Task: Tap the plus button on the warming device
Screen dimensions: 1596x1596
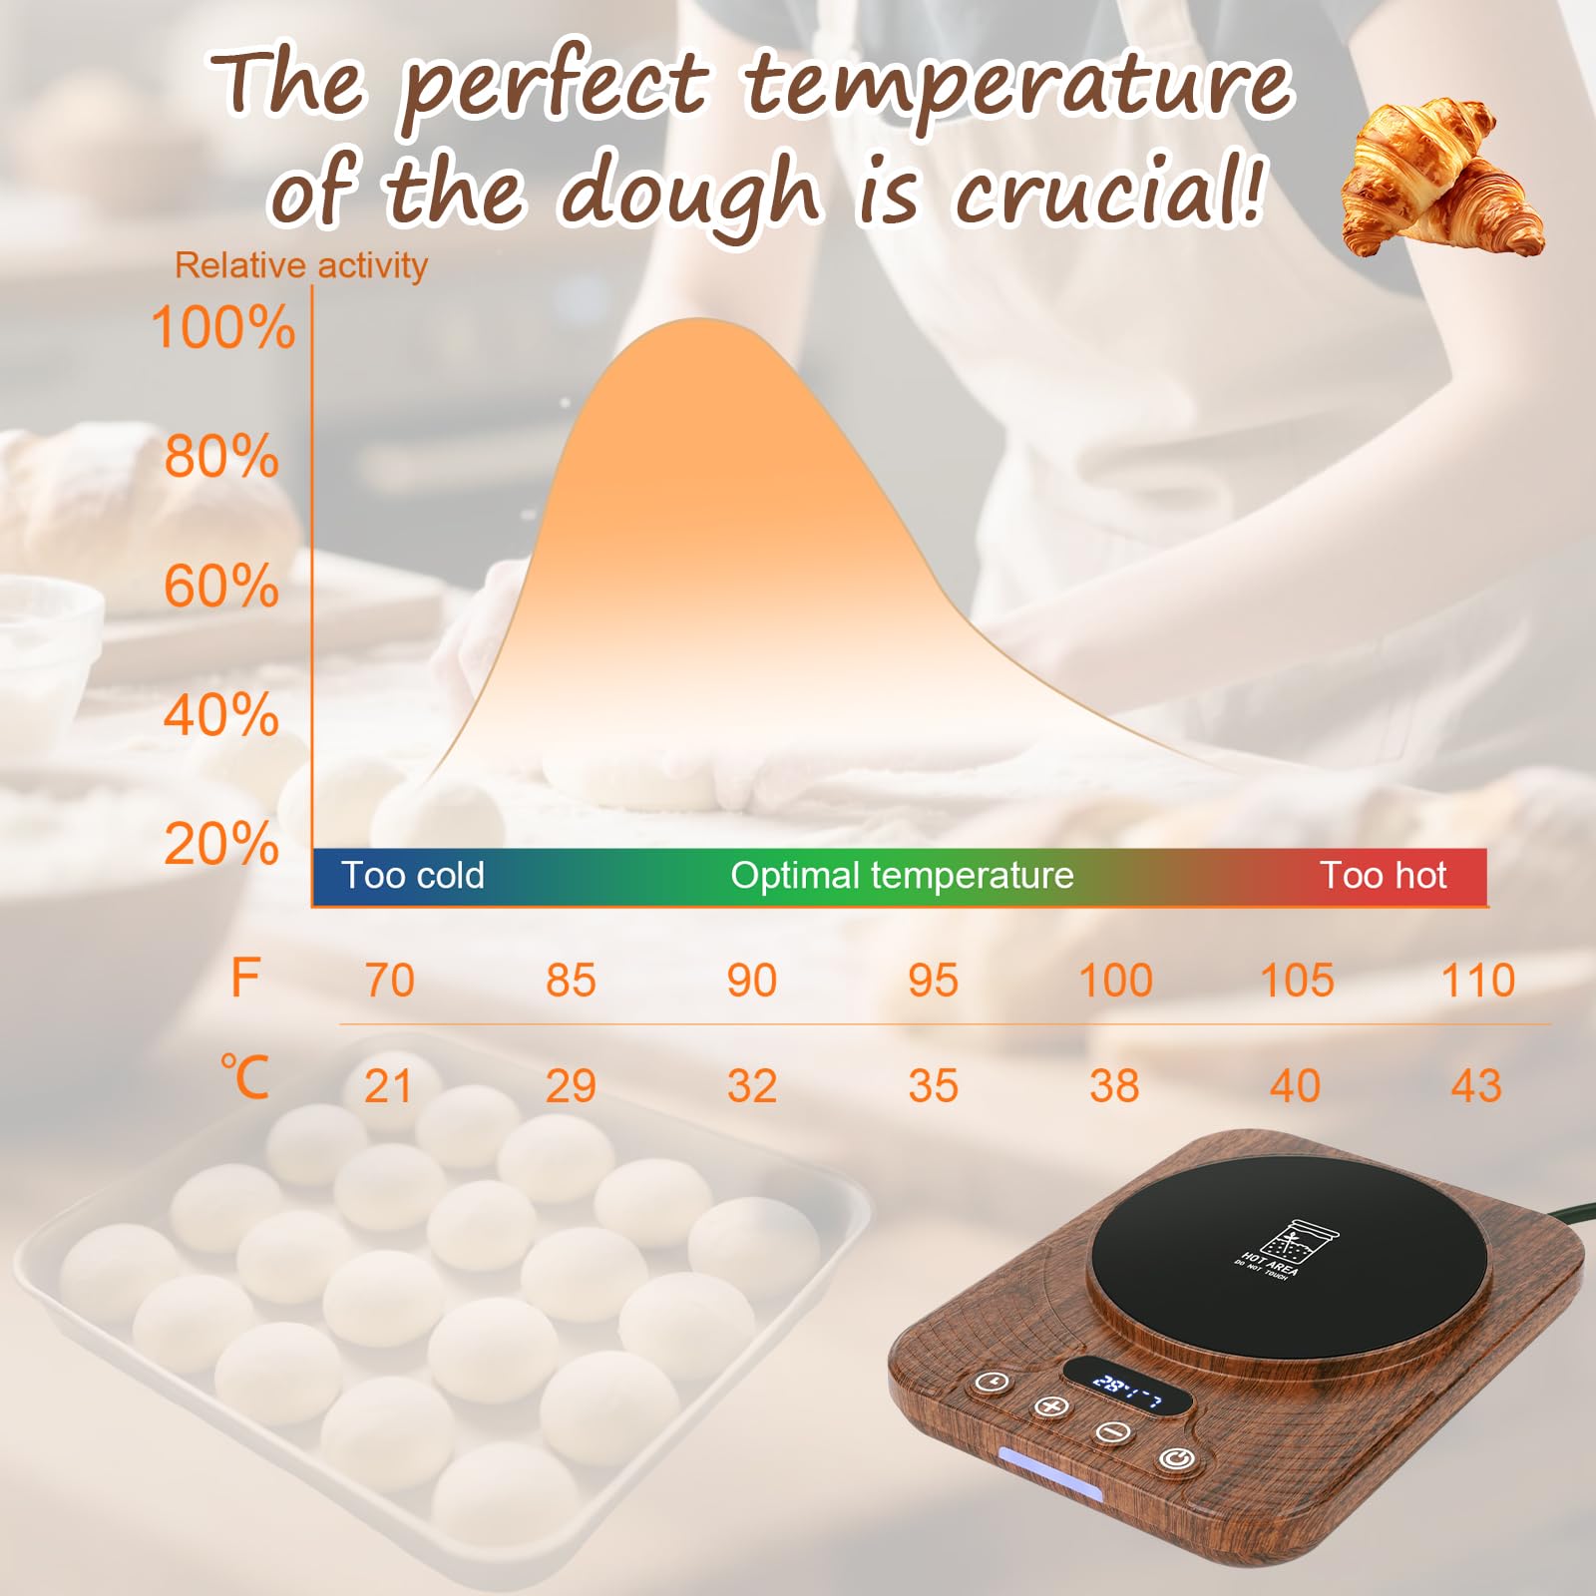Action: (1050, 1406)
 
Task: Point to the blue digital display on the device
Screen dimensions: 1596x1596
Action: (1127, 1386)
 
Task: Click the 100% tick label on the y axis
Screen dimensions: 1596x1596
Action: (222, 327)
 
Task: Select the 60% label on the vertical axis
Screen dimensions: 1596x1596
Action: (221, 587)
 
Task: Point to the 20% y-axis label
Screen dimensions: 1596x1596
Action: (221, 845)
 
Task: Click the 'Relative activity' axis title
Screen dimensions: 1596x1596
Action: (300, 265)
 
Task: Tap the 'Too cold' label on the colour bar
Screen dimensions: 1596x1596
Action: (413, 876)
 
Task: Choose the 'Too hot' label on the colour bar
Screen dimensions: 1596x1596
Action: (1383, 876)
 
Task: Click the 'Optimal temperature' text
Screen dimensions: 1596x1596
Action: (902, 876)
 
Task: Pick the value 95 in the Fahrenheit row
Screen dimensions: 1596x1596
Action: (933, 981)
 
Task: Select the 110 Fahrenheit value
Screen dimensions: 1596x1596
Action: (1477, 981)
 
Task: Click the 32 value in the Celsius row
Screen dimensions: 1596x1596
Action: (751, 1086)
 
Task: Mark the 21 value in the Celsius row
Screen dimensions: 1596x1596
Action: (388, 1086)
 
